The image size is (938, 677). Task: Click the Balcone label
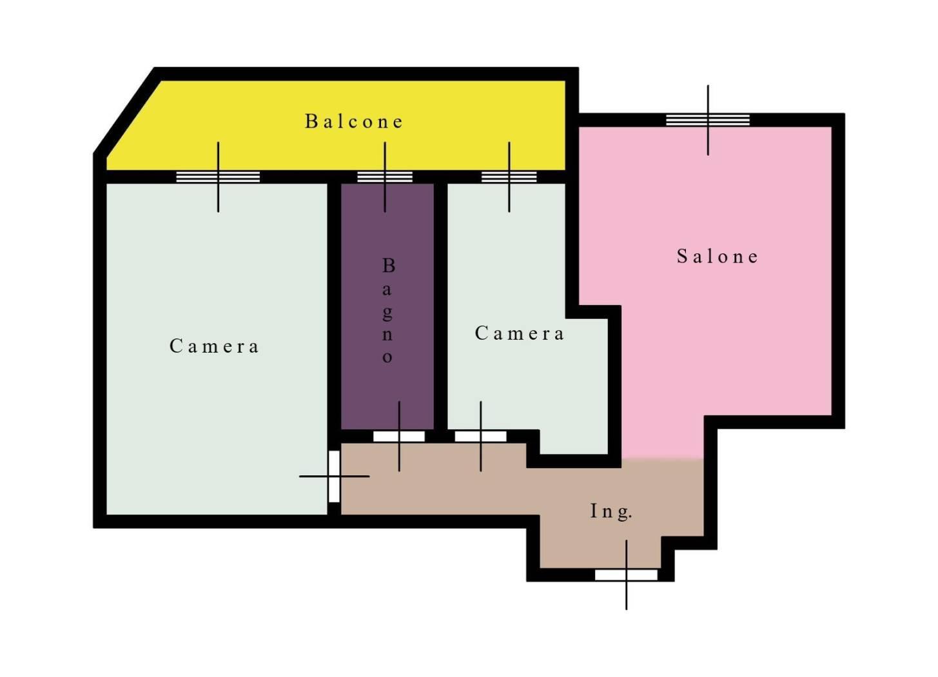point(353,121)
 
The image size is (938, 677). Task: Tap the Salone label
point(718,256)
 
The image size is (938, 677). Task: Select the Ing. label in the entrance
point(611,511)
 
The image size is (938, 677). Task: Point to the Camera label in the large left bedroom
point(214,346)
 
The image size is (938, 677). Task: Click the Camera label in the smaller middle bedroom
point(519,333)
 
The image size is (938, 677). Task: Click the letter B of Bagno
point(389,266)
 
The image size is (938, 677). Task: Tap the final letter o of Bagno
point(387,357)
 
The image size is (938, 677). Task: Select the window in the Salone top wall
point(708,120)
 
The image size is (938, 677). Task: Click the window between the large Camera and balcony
point(218,177)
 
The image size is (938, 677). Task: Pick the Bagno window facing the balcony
point(385,177)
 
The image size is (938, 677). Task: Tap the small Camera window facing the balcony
point(509,177)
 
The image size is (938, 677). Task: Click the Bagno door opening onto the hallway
point(398,437)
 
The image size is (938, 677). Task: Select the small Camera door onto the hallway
point(480,437)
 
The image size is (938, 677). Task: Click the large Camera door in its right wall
point(334,476)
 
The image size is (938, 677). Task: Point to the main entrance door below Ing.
point(626,574)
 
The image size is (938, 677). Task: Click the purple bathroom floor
point(387,306)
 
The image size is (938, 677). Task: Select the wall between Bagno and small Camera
point(440,306)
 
